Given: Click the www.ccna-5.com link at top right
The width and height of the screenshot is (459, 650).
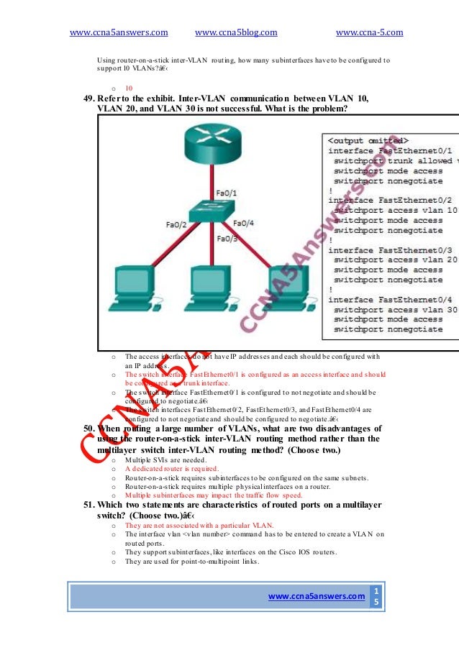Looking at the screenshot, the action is point(369,32).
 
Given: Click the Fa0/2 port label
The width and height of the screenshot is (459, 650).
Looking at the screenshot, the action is point(176,225).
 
